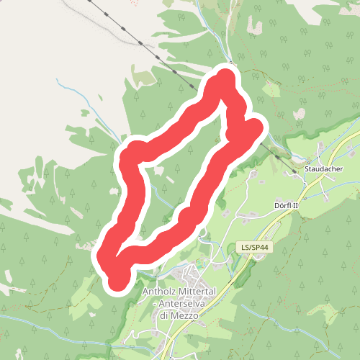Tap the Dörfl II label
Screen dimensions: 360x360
tap(292, 205)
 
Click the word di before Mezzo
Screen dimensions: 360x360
tap(164, 315)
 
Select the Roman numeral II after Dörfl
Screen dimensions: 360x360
tap(303, 205)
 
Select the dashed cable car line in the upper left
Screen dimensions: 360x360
tap(130, 32)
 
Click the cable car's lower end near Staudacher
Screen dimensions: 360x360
tap(294, 172)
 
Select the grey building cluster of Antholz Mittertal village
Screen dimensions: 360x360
tap(192, 276)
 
